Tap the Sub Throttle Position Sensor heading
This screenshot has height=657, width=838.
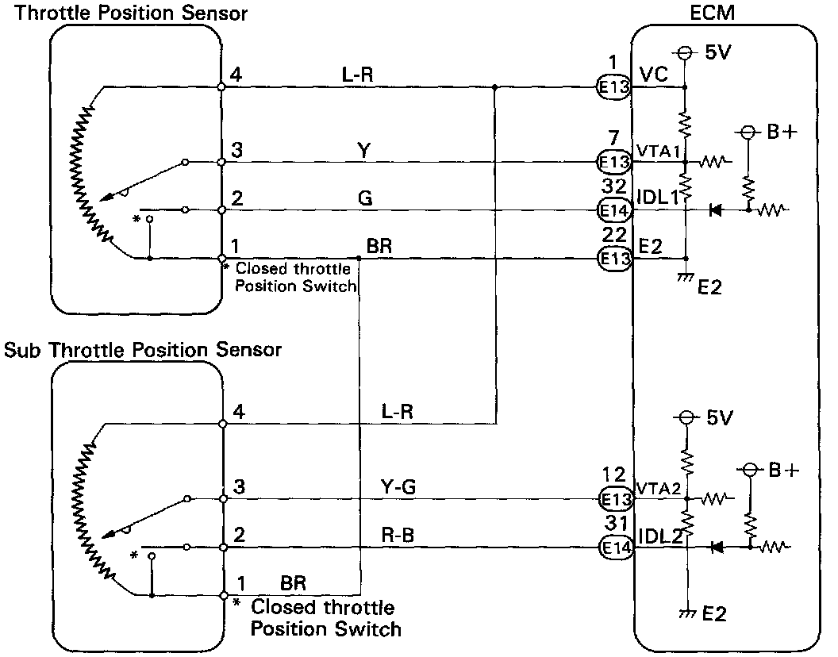click(x=143, y=349)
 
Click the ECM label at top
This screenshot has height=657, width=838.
click(x=723, y=13)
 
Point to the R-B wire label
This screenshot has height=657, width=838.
click(x=398, y=537)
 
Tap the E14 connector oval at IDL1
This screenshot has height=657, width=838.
click(x=613, y=211)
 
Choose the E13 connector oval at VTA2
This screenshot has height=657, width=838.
click(x=613, y=499)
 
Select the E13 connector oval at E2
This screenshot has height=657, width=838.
click(x=613, y=259)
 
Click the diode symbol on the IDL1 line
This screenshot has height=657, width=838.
click(x=715, y=211)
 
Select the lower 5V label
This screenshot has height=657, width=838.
click(x=718, y=417)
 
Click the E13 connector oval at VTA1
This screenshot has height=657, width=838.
click(x=613, y=163)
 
